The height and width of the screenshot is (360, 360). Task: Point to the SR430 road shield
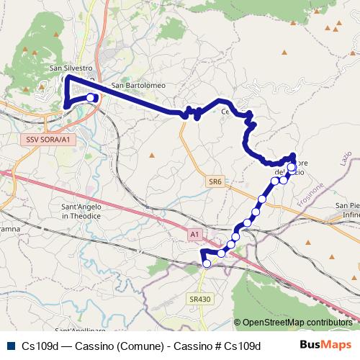click(199, 298)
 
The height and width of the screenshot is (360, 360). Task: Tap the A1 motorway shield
click(194, 234)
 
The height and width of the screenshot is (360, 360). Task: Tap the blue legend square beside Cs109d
click(11, 345)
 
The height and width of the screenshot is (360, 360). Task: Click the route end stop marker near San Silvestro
click(90, 97)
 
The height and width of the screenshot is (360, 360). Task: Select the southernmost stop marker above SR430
click(207, 264)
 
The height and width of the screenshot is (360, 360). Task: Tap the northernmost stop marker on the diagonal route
click(291, 167)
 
